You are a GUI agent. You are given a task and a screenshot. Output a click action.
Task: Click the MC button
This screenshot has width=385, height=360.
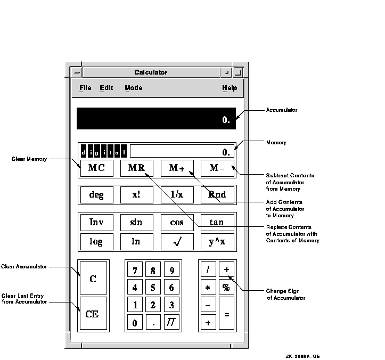pos(97,168)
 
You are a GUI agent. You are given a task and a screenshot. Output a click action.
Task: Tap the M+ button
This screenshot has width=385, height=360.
pos(177,168)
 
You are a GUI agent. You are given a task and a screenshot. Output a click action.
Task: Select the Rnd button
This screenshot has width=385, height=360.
pos(217,195)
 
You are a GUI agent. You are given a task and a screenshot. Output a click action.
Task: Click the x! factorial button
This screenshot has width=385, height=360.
pos(137,195)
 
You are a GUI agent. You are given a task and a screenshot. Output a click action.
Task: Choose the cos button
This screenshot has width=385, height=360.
pos(177,223)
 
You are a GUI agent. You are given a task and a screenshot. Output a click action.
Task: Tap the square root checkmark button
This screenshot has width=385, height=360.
pos(177,242)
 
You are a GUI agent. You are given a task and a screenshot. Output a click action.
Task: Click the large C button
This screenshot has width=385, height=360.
pos(93,278)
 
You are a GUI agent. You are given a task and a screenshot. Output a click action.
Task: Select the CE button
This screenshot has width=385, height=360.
pos(93,313)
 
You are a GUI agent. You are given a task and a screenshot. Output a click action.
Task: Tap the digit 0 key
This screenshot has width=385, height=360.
pos(135,322)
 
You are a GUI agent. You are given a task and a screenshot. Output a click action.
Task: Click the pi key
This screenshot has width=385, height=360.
pos(171,322)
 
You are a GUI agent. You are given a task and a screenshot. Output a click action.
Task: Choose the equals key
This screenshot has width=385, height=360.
pos(226,313)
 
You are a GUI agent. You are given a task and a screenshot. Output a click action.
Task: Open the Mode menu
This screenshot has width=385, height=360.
pos(134,88)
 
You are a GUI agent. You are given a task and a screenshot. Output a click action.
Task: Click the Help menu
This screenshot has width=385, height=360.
pos(230,88)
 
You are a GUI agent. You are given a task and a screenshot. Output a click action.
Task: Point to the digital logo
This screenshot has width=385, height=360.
pos(104,151)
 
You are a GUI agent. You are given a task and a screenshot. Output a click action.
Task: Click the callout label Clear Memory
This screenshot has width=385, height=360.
pos(29,159)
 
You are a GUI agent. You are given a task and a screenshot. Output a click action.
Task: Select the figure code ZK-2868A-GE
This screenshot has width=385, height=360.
pos(303,356)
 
